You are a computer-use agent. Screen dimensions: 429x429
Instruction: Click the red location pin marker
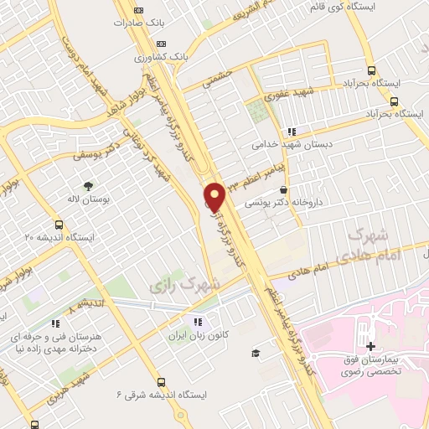tap(215, 197)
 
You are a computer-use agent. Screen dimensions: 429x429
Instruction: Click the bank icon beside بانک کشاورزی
tap(162, 44)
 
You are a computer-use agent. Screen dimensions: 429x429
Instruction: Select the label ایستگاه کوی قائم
tap(316, 7)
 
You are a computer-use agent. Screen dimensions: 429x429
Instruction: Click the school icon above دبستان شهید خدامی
tap(292, 132)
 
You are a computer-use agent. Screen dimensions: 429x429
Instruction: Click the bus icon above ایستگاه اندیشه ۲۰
tap(59, 225)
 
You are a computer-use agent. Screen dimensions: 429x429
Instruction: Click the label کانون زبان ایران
tap(197, 334)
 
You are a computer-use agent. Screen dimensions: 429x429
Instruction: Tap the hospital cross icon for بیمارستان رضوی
tap(370, 346)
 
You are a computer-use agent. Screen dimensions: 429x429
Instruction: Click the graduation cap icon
tap(255, 353)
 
